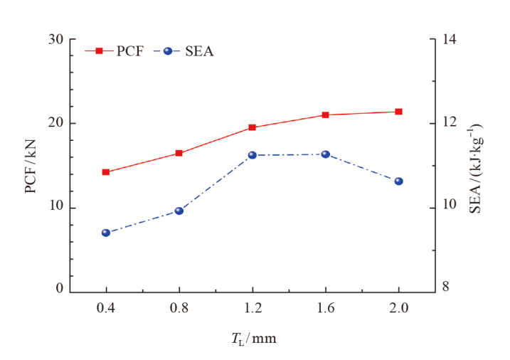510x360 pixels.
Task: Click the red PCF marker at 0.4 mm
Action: click(x=106, y=172)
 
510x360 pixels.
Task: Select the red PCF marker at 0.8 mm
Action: click(x=179, y=153)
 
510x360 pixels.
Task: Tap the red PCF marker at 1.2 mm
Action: click(x=252, y=128)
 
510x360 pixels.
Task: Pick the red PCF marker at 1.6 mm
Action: click(x=325, y=115)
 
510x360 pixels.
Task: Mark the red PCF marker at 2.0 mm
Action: click(x=398, y=112)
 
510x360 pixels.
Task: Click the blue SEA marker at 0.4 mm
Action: click(x=106, y=233)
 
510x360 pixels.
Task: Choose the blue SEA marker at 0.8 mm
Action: click(x=179, y=211)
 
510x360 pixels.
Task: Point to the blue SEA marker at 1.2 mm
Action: click(x=252, y=155)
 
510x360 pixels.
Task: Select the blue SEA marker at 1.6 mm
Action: click(x=325, y=154)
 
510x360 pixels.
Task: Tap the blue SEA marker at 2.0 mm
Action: click(x=398, y=181)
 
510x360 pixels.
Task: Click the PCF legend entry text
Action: click(x=129, y=51)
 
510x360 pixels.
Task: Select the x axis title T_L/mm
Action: click(x=253, y=339)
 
